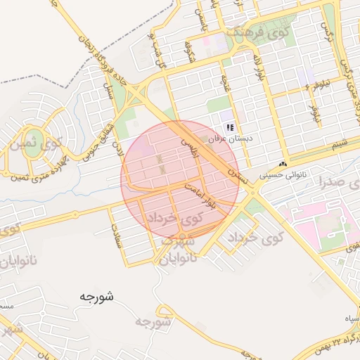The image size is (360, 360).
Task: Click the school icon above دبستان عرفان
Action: (229, 127)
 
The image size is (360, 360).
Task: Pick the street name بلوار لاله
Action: (257, 67)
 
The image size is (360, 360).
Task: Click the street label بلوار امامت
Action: (200, 196)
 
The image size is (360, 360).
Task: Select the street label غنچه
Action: (226, 86)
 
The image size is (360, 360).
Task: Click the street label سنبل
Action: (108, 90)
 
